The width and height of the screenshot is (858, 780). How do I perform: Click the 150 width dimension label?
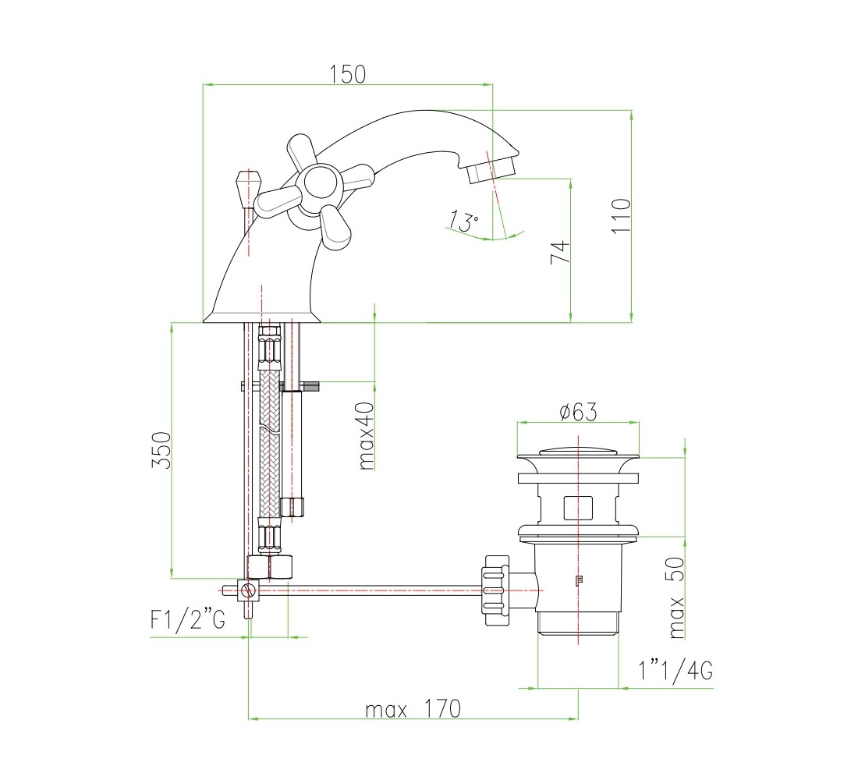click(x=347, y=74)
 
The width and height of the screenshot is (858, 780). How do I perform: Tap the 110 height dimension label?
click(x=621, y=216)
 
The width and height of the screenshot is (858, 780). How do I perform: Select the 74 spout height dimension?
click(x=560, y=253)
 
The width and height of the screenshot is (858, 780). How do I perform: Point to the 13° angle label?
click(x=463, y=222)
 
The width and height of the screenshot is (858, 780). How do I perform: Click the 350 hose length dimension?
click(x=161, y=450)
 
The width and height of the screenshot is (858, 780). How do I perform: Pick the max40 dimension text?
click(x=367, y=436)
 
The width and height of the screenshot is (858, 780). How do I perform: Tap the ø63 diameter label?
click(x=578, y=412)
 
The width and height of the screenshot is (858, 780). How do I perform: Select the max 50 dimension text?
click(x=676, y=597)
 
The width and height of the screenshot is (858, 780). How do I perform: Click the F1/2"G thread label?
click(x=188, y=619)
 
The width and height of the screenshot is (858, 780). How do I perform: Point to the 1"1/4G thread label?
click(x=675, y=669)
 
